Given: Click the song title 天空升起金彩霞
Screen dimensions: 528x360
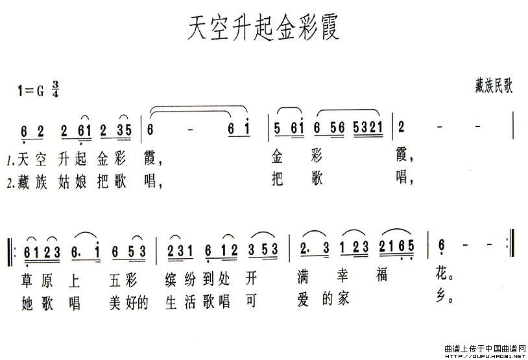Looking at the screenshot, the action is [263, 27].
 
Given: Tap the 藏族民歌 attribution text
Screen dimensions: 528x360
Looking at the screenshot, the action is [494, 85].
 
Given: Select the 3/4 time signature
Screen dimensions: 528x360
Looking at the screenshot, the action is [55, 90].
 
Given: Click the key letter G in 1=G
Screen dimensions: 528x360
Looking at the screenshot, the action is [40, 91].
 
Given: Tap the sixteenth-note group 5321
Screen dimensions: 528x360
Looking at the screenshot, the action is [368, 128].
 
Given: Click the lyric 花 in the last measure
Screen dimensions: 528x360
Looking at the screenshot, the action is [442, 274].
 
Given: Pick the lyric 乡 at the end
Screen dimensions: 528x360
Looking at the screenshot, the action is [442, 296].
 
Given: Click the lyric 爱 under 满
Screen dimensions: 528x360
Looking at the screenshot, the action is [303, 300].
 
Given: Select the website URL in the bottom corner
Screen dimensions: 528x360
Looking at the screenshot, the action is [485, 356].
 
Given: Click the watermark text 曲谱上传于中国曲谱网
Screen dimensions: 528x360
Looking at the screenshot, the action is [485, 348].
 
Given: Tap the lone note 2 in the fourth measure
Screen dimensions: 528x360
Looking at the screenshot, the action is [401, 127].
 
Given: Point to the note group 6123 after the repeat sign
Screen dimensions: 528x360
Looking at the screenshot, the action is [42, 252].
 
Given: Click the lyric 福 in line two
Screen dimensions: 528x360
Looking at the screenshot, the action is [382, 275].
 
